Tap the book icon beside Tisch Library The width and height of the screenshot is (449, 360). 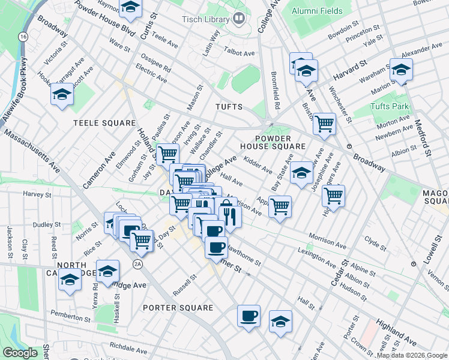click(239, 19)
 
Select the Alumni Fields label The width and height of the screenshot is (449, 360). click(316, 11)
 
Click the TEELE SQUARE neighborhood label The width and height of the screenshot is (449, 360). click(104, 122)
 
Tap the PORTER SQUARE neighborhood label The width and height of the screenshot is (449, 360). click(178, 308)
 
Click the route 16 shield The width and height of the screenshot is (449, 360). click(23, 37)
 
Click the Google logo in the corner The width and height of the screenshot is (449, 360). click(20, 353)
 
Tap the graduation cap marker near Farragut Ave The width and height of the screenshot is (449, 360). click(62, 94)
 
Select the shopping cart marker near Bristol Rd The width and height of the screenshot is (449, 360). click(325, 124)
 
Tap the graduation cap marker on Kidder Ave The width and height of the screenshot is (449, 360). click(301, 173)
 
